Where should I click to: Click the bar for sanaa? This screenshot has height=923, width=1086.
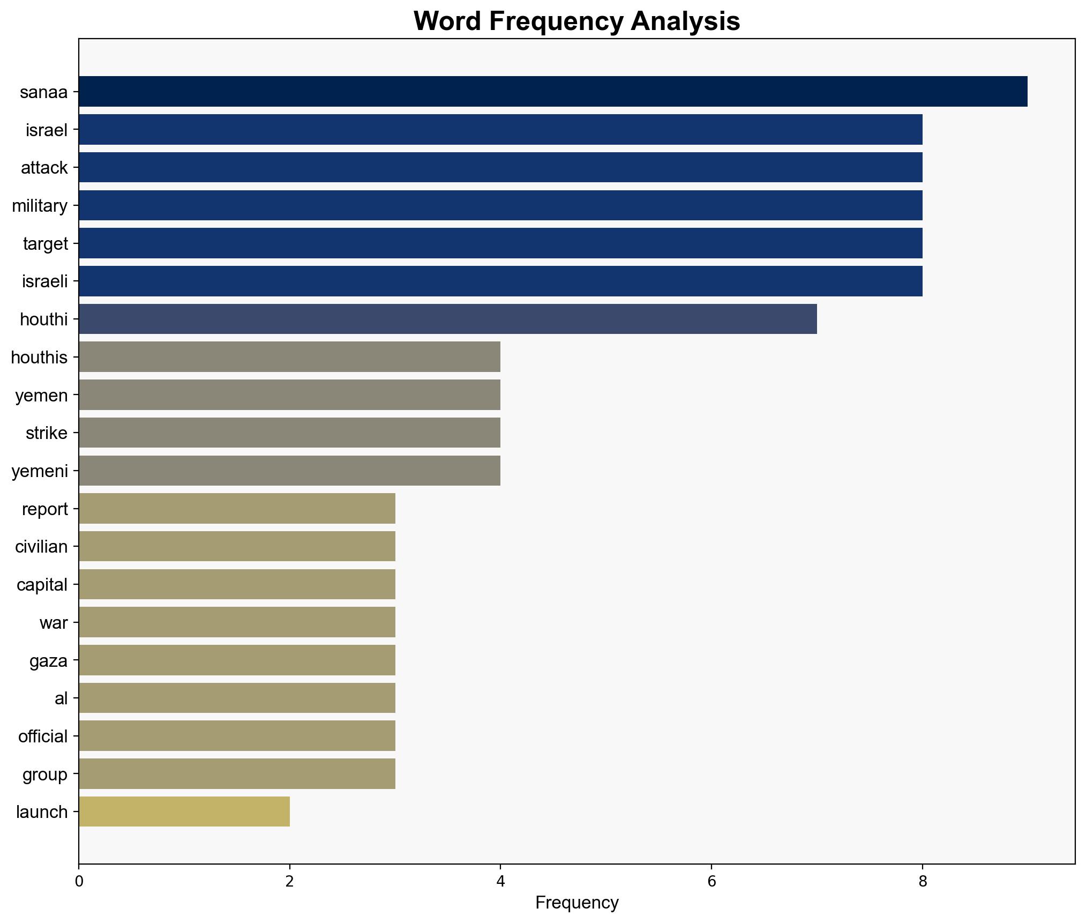point(553,92)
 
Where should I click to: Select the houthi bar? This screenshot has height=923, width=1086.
point(448,319)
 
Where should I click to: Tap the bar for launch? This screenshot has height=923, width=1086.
point(184,812)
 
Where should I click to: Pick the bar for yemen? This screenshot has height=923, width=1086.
point(289,395)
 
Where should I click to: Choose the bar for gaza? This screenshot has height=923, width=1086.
point(237,660)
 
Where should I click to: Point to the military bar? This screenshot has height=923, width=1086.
point(500,205)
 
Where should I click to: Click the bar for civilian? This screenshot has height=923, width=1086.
point(237,546)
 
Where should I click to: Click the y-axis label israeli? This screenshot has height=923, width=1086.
point(45,281)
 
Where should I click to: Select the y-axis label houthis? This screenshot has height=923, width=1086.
point(39,358)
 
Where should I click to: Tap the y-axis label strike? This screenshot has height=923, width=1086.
point(47,433)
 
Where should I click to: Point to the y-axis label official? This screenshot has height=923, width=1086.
point(43,736)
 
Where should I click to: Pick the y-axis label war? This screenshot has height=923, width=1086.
point(54,623)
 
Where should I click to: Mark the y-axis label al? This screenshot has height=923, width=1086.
point(61,698)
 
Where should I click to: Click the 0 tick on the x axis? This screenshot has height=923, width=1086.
point(79,882)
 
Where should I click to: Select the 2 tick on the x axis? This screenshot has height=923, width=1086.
point(290,882)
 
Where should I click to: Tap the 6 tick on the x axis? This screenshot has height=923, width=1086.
point(711,882)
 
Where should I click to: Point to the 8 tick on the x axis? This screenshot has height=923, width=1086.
point(922,882)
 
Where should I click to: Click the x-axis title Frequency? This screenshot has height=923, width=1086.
point(577,903)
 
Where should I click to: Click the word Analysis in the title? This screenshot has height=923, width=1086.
point(685,21)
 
